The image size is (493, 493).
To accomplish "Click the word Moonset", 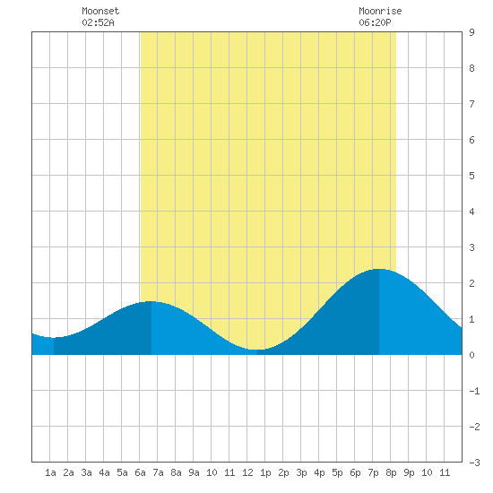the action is (100, 11).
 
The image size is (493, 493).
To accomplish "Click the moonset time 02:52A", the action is (98, 22).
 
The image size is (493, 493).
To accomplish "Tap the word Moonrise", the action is (380, 11).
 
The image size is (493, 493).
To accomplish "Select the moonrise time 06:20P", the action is (375, 22).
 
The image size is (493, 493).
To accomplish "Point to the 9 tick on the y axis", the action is (471, 32).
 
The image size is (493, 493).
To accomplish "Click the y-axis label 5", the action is (471, 176).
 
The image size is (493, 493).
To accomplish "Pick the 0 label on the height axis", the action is (471, 355).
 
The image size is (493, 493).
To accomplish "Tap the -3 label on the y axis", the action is (474, 463).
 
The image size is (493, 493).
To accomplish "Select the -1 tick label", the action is (474, 391).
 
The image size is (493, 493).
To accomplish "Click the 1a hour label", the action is (50, 472).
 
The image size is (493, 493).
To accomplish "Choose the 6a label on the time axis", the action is (140, 472).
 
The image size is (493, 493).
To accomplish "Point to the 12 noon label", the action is (247, 472).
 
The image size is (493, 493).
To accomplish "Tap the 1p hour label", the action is (265, 472).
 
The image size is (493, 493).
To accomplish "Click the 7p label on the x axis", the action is (373, 472).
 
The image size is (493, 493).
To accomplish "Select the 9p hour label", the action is (409, 472).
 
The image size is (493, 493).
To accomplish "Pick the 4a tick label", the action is (104, 472).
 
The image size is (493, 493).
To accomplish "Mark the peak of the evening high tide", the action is (379, 269).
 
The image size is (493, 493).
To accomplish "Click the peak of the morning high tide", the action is (151, 301).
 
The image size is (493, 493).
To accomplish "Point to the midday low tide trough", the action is (257, 350).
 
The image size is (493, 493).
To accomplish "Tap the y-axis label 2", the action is (471, 283).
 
